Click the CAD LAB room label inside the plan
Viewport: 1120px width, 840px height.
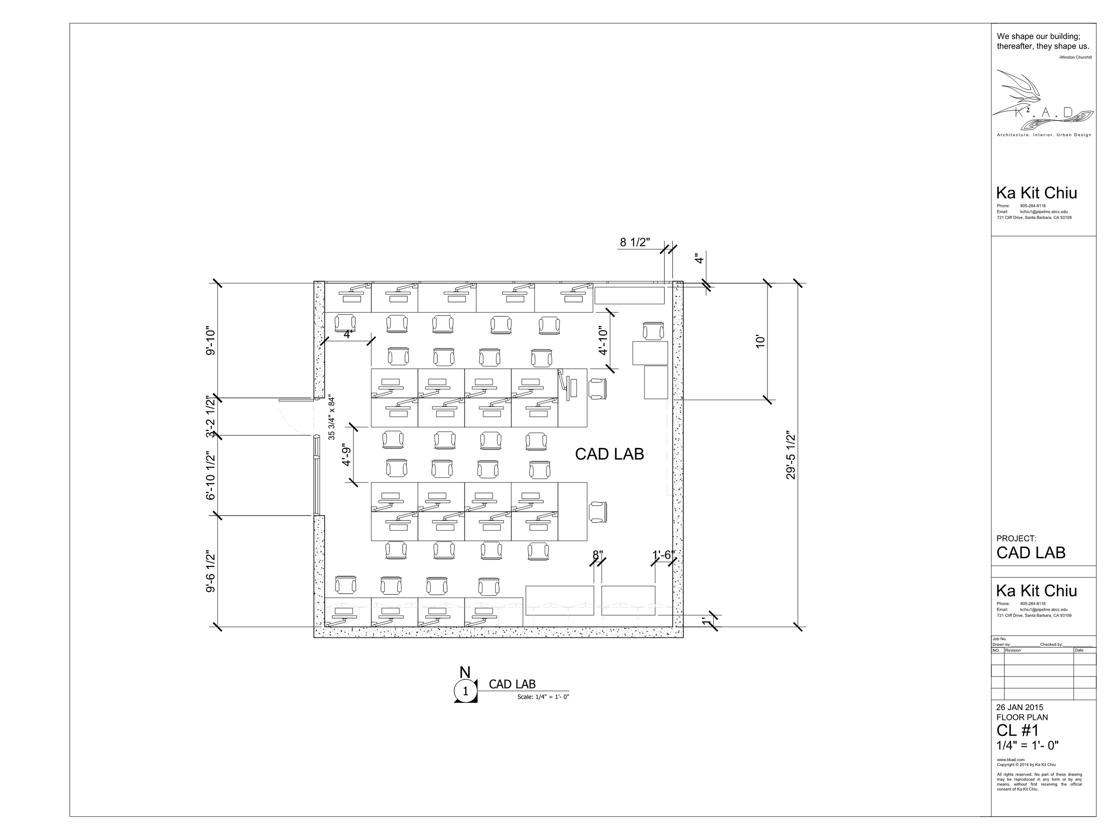pyautogui.click(x=609, y=454)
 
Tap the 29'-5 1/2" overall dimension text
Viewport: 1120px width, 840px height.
pyautogui.click(x=791, y=455)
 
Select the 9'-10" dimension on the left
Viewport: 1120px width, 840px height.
pyautogui.click(x=211, y=341)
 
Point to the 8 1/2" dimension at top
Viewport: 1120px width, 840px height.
pyautogui.click(x=634, y=242)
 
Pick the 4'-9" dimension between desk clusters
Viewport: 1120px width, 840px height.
pyautogui.click(x=346, y=455)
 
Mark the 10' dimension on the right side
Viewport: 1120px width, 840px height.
pyautogui.click(x=760, y=341)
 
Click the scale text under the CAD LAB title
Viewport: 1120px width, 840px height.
pyautogui.click(x=543, y=697)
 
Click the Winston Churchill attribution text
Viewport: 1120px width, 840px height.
pyautogui.click(x=1074, y=57)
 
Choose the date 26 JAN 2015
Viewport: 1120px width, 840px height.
pyautogui.click(x=1019, y=707)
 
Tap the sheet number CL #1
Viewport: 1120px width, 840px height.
pyautogui.click(x=1017, y=731)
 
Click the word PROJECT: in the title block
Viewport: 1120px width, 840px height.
pyautogui.click(x=1016, y=538)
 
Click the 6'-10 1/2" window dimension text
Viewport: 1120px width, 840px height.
pyautogui.click(x=211, y=475)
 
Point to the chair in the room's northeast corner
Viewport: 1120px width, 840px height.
pyautogui.click(x=653, y=331)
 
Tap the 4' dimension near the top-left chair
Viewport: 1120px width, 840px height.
pyautogui.click(x=347, y=335)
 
